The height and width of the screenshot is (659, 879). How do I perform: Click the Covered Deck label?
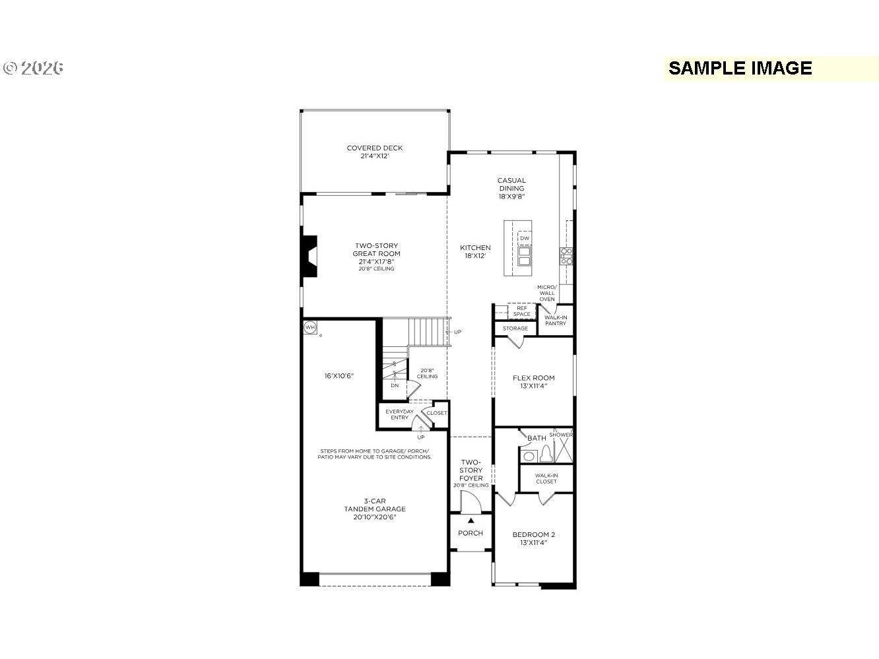coord(374,152)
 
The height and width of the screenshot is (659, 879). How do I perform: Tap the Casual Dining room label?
coord(511,188)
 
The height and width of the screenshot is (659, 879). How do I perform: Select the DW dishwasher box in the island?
coord(525,238)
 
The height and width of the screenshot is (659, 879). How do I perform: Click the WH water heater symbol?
coord(309,327)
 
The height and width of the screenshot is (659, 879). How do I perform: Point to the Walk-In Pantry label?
coord(555,321)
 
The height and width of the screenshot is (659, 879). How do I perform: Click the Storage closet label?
coord(515,329)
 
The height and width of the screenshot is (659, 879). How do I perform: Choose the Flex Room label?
coord(533,382)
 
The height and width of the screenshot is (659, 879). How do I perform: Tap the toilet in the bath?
coord(546,454)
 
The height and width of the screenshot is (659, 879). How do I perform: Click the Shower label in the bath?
coord(561,435)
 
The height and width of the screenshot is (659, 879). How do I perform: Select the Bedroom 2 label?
coord(533,538)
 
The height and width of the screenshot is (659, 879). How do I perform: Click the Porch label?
coord(471,533)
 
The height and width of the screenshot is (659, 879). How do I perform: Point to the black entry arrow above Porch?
coord(471,520)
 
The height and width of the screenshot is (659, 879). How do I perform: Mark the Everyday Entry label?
coord(399,414)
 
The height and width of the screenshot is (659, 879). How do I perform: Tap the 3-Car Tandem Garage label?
coord(374,509)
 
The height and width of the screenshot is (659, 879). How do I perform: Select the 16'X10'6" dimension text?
coord(339,376)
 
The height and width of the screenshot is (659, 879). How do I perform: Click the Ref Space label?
coord(521,311)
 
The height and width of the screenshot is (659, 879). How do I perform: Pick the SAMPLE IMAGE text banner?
coord(740,69)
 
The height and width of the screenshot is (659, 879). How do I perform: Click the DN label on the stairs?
coord(395,385)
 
